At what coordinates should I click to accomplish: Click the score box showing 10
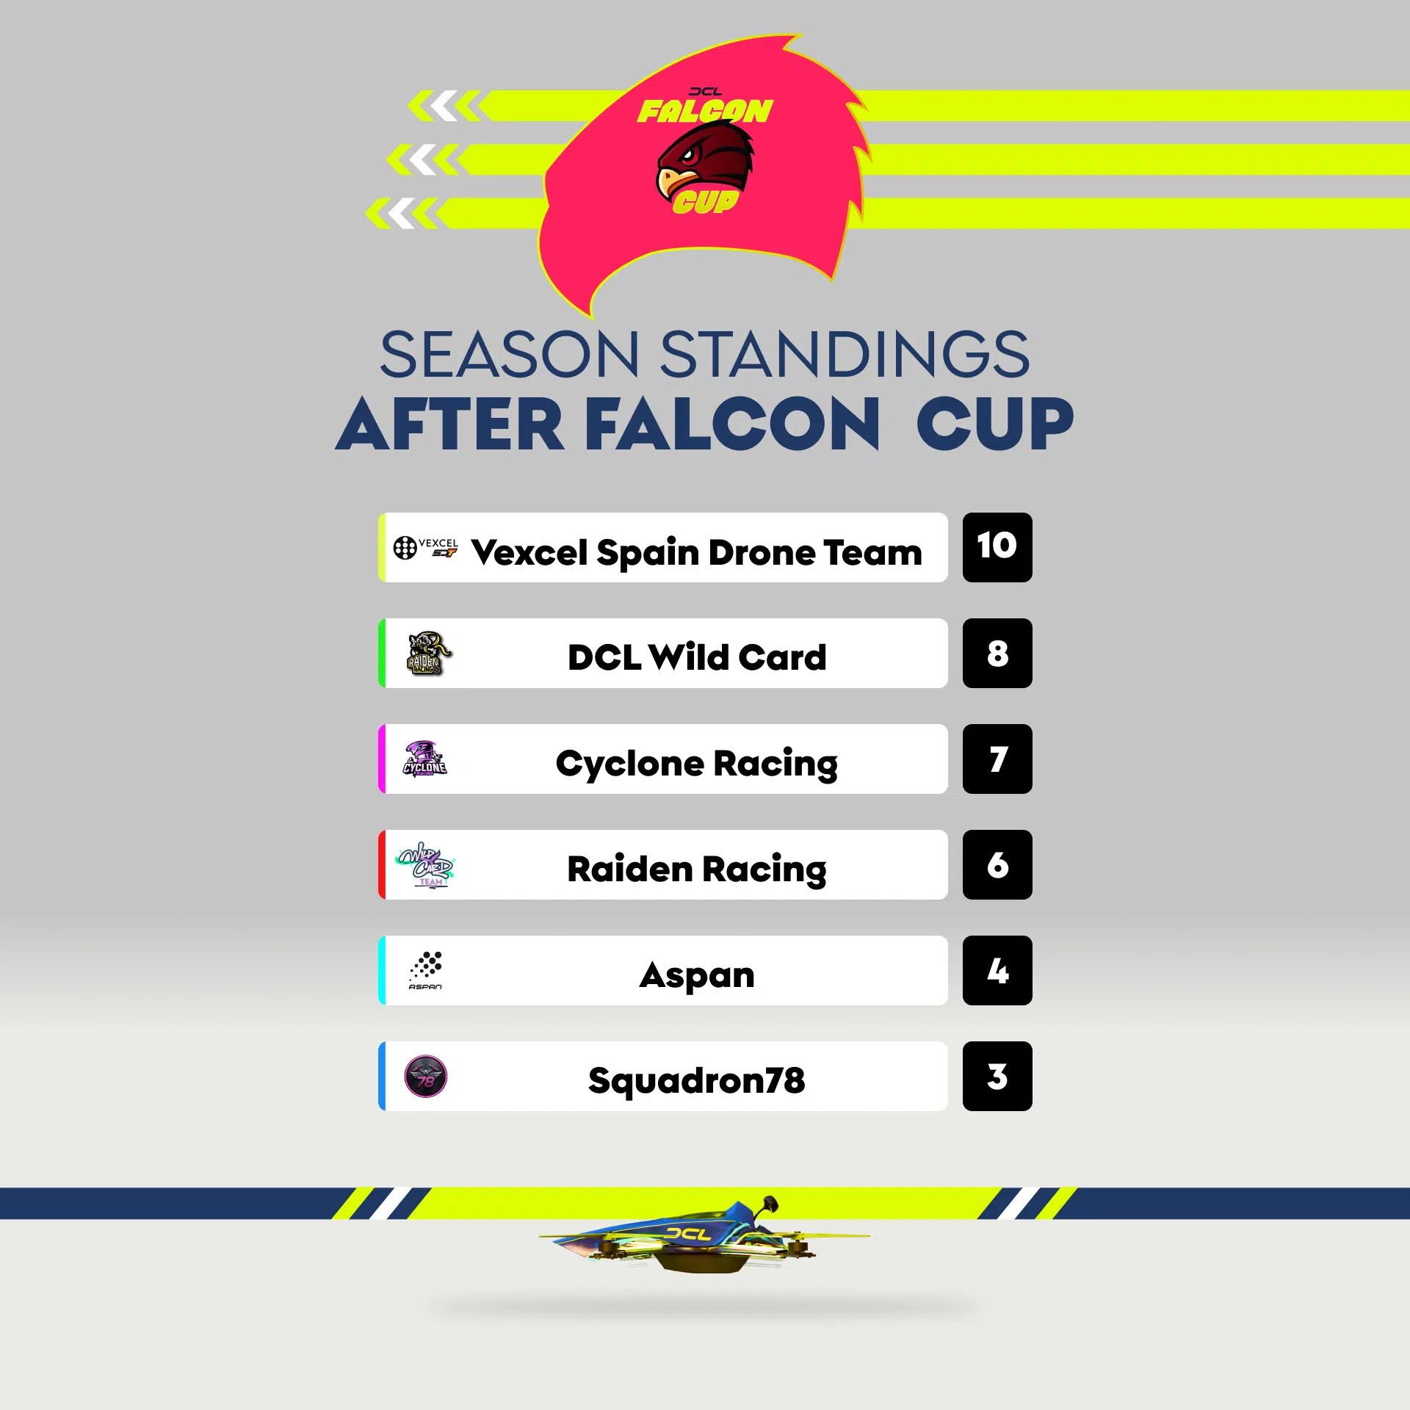(997, 547)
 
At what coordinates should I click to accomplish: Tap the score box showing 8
(997, 653)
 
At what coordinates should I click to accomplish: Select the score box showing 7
(997, 759)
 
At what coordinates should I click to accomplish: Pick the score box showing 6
(997, 864)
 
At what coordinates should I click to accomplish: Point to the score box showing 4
(997, 970)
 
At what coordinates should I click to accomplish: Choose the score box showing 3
(997, 1076)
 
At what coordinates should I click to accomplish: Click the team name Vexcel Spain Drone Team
(696, 552)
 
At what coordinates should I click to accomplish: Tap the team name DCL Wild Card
(697, 657)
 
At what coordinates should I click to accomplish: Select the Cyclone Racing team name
(697, 764)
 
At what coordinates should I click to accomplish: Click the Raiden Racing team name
(697, 869)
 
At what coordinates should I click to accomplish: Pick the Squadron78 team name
(697, 1081)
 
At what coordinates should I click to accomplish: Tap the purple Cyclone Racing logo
(424, 759)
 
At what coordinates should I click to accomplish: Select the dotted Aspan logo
(426, 970)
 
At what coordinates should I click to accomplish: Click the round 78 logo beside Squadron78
(426, 1077)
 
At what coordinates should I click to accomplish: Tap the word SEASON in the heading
(510, 355)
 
